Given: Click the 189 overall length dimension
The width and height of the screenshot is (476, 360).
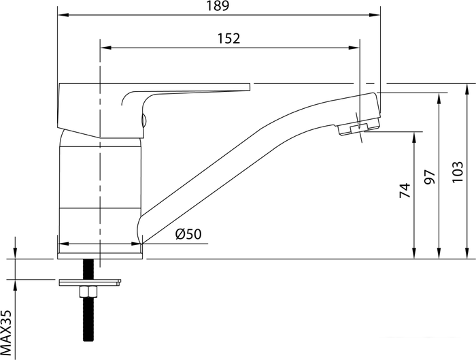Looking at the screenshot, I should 218,6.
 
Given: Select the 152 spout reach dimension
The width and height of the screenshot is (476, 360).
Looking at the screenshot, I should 229,39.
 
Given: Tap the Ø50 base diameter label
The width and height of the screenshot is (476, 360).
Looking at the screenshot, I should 188,234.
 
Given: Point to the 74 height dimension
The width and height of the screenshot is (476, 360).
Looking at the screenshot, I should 405,191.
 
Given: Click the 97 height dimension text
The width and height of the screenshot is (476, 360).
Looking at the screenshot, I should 430,177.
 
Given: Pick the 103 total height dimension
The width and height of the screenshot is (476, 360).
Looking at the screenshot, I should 457,170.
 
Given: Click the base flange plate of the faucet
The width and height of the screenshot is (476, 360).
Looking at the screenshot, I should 100,255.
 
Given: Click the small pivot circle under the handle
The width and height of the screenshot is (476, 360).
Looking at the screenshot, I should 143,122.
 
